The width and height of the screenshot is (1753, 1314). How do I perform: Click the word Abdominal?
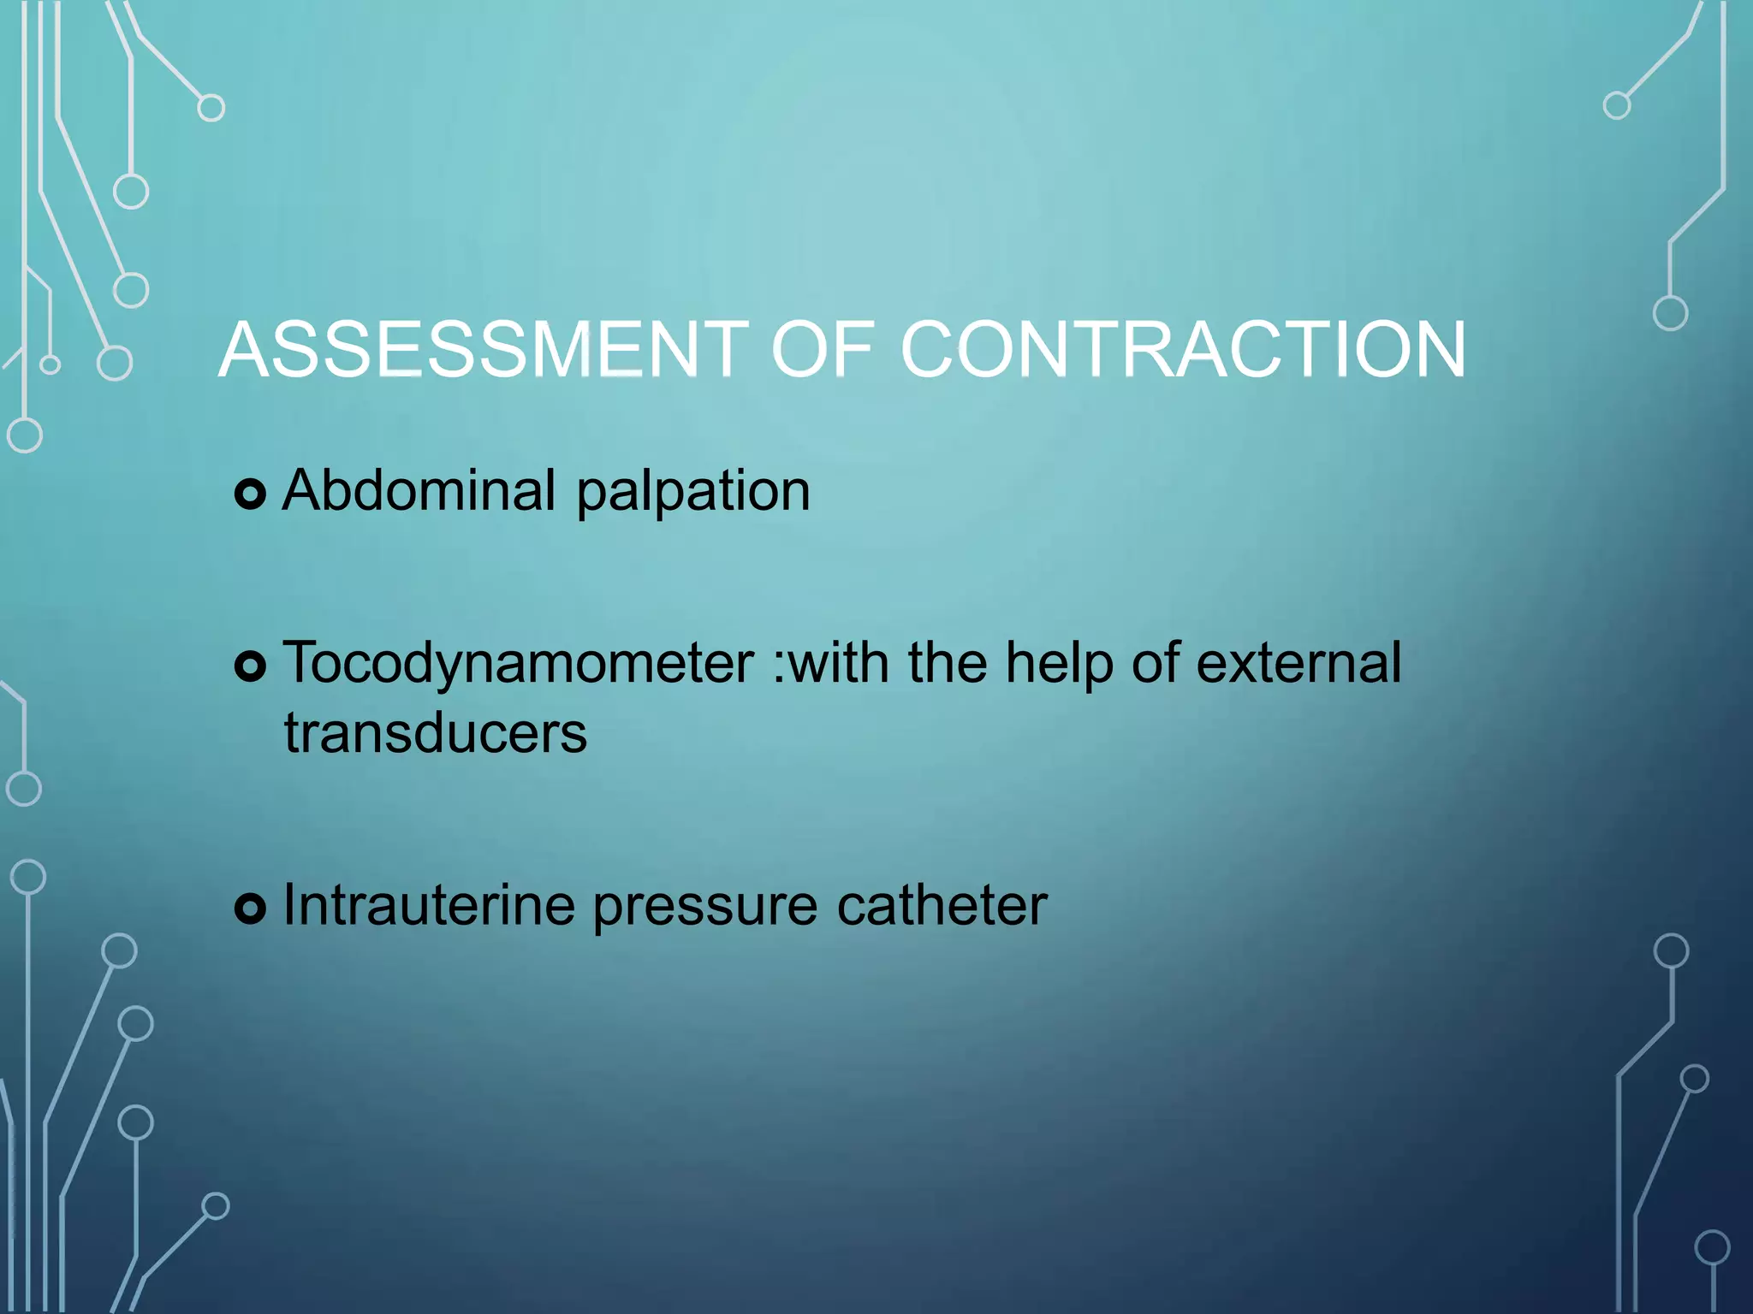419,491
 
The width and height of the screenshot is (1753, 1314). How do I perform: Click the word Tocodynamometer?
519,665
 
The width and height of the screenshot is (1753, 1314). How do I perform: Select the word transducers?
436,734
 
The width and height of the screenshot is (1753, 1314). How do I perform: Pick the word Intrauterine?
429,905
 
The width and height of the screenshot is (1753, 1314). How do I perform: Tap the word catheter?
942,905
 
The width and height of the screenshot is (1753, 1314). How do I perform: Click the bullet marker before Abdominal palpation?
250,494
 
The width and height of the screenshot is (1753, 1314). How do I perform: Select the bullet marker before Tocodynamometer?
250,666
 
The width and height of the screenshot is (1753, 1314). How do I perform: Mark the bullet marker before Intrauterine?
250,909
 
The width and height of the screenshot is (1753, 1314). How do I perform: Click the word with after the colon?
839,663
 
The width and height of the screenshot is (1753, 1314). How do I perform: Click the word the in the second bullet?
947,663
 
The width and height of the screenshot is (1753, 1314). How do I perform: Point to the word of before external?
1155,663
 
